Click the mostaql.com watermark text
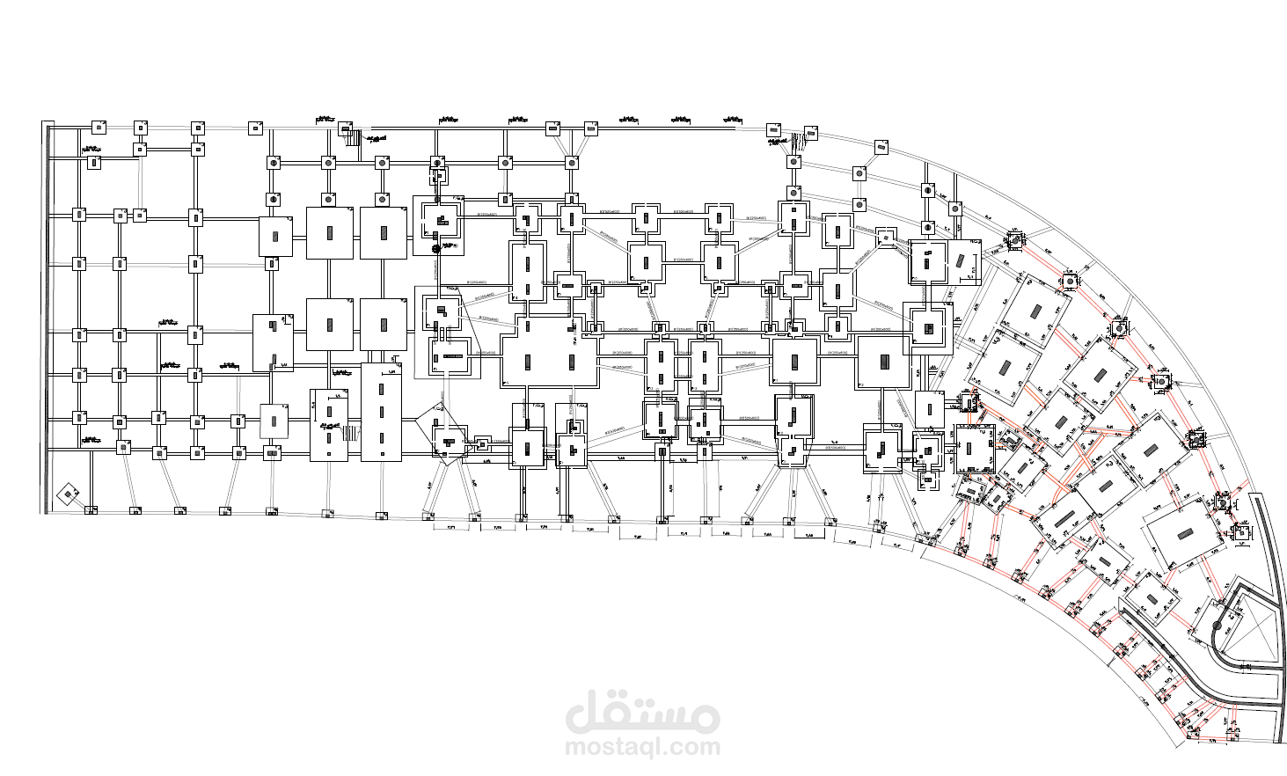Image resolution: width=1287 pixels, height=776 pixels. pos(643,747)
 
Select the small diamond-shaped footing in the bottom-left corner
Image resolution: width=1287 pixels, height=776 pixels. pos(68,494)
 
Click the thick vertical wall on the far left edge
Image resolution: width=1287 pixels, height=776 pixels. pos(45,317)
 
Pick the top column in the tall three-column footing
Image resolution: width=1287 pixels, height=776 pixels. pos(382,387)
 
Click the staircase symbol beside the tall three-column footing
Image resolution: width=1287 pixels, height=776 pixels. pos(351,432)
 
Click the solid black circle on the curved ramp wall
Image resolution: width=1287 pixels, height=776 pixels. pos(1218,626)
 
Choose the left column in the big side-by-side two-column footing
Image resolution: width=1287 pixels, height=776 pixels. pos(529,359)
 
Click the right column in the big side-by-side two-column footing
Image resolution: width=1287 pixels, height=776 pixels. pos(572,359)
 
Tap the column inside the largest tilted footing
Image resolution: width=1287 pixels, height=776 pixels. pos(1185,534)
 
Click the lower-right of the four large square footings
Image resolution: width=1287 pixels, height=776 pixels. pos(383,324)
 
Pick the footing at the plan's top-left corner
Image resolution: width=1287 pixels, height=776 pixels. pos(99,128)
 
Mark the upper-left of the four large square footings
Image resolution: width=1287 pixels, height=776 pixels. pos(329,233)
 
